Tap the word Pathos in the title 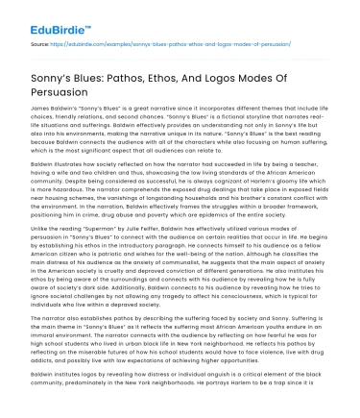[151, 73]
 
